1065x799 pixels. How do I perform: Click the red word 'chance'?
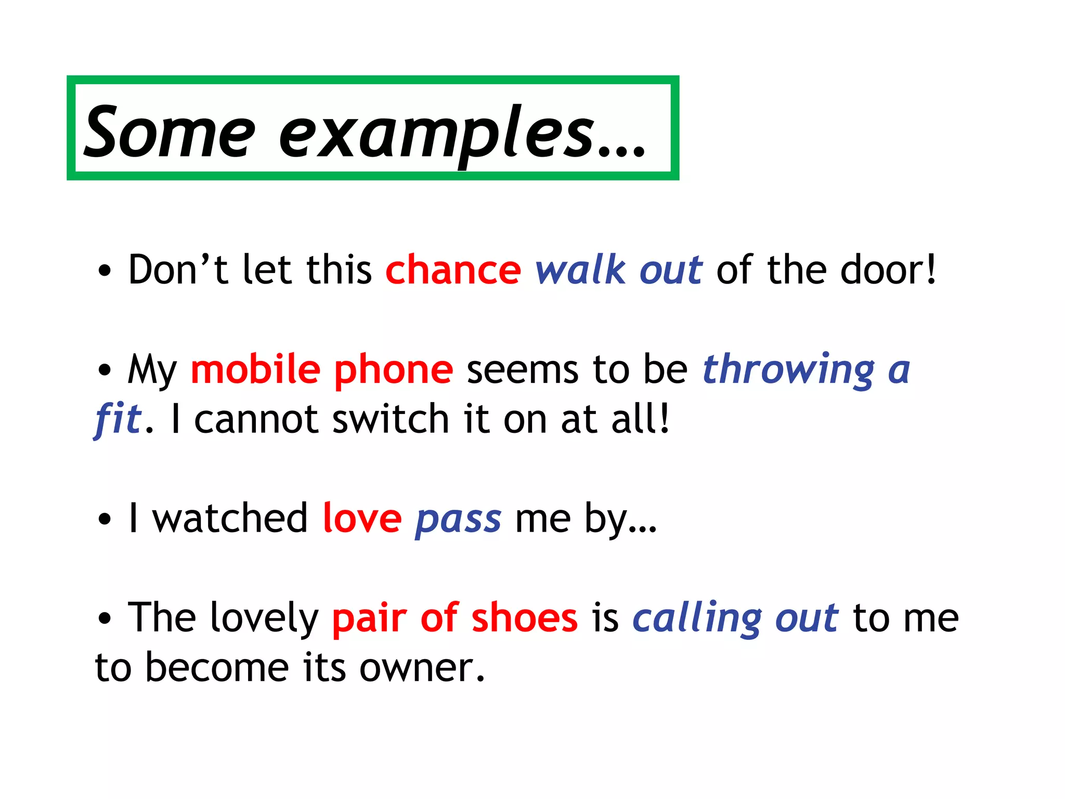point(453,270)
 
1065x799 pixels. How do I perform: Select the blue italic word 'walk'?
point(580,270)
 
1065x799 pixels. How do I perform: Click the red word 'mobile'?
point(255,369)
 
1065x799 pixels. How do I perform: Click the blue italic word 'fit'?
point(118,419)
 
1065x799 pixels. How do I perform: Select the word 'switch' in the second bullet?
point(391,419)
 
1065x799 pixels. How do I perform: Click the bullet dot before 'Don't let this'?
point(105,271)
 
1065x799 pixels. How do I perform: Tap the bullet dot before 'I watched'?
point(105,519)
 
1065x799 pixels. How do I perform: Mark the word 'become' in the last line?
point(216,667)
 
